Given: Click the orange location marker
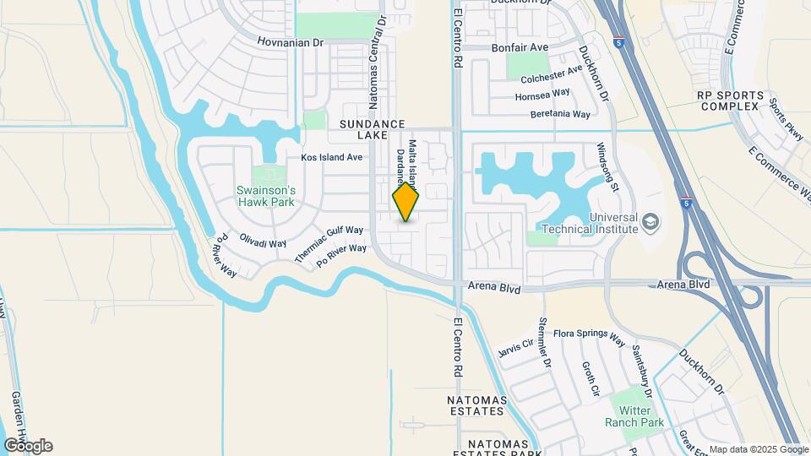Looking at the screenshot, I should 406,202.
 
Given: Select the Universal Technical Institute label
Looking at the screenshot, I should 589,221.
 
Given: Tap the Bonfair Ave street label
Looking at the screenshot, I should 520,47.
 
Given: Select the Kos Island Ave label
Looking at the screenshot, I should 332,157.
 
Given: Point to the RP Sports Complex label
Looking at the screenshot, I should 730,101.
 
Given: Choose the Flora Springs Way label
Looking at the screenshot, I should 589,337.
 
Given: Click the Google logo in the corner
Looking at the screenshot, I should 27,446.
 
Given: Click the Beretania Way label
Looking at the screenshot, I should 559,114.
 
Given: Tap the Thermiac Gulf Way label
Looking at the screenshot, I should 329,242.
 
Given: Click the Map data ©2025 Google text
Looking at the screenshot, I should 759,449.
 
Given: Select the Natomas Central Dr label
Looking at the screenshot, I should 376,63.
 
